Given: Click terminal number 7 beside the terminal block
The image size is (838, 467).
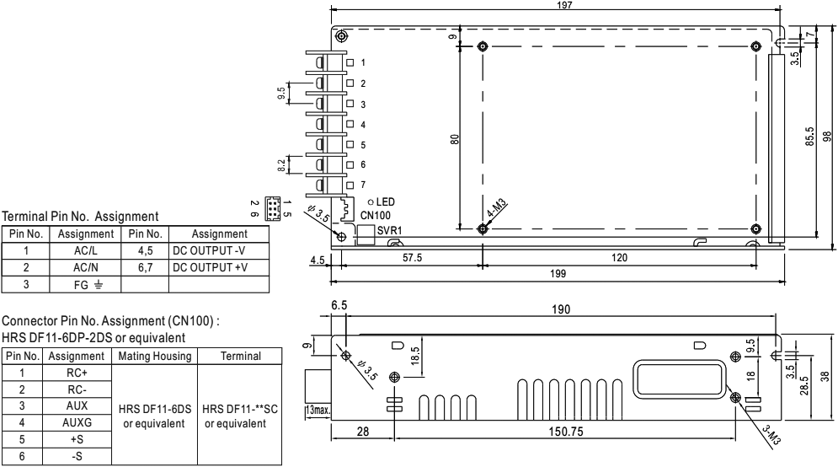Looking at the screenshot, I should (x=363, y=184).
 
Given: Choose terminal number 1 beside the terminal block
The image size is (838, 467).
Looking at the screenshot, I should (x=363, y=63).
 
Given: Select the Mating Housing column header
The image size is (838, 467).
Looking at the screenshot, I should (x=154, y=357).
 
